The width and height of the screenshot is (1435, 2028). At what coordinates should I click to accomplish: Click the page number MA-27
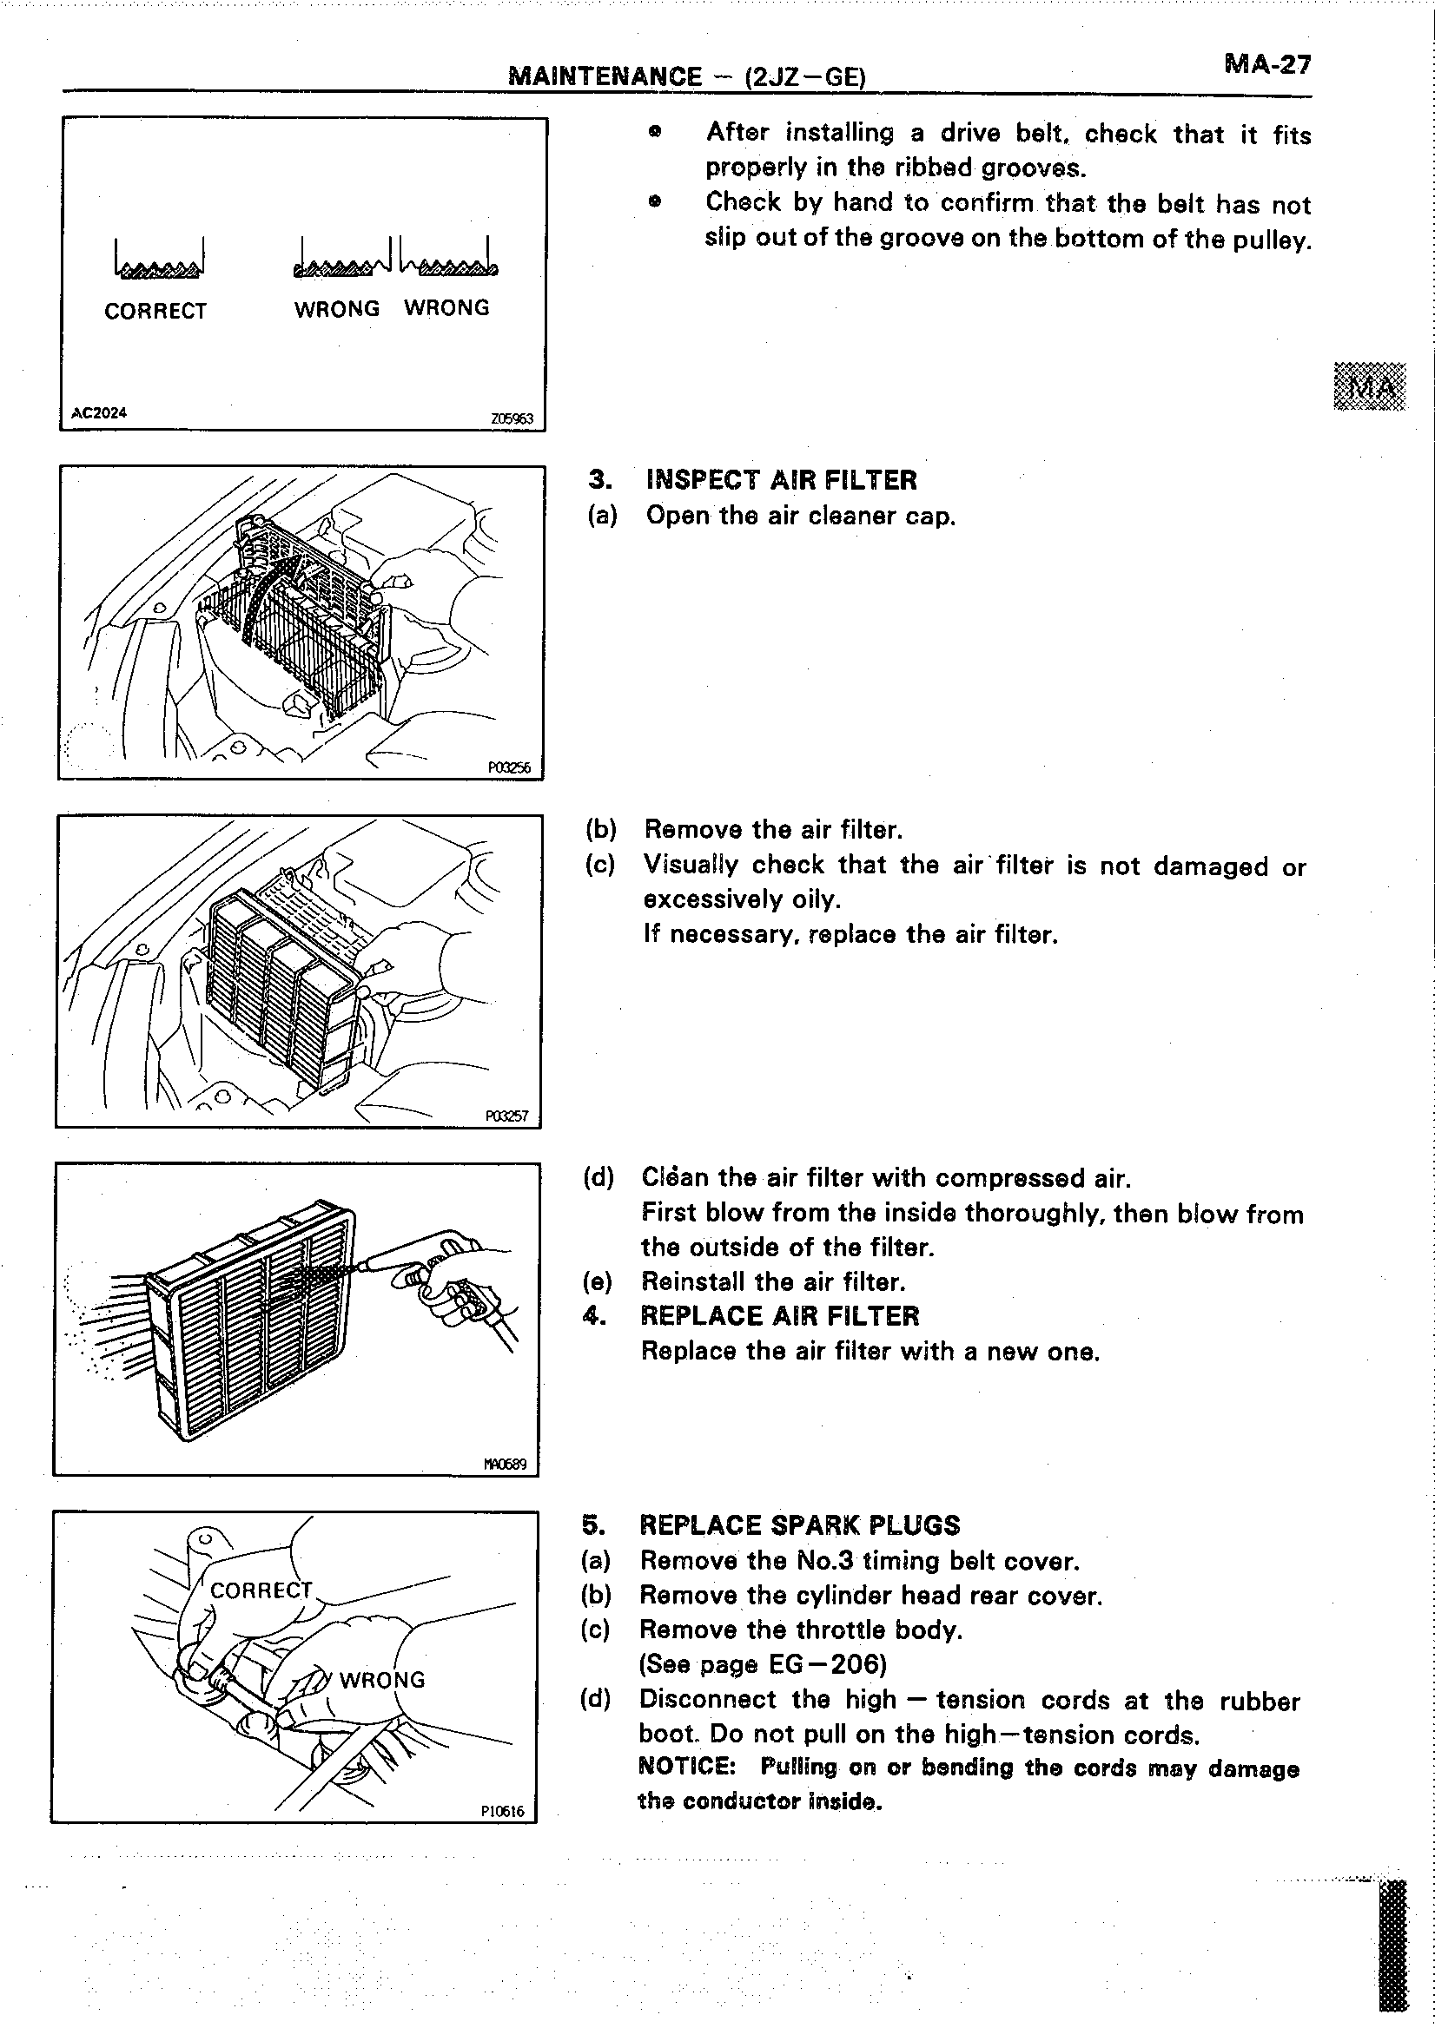tap(1267, 65)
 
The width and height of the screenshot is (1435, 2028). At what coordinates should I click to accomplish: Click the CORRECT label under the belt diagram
tap(155, 311)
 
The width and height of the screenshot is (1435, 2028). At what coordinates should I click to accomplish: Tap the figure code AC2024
tap(99, 412)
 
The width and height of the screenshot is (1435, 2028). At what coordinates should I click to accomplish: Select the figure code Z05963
tap(512, 418)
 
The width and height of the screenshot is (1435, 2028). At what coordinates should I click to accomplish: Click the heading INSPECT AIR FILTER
tap(781, 480)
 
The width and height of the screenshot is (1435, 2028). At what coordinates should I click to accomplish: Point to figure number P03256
tap(510, 767)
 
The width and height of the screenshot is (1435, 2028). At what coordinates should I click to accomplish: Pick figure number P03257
tap(507, 1116)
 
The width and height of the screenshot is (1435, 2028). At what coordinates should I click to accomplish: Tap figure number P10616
tap(503, 1812)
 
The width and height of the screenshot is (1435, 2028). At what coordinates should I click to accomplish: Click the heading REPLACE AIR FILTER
tap(779, 1316)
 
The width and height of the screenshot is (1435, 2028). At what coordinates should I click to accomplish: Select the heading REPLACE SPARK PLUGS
tap(799, 1525)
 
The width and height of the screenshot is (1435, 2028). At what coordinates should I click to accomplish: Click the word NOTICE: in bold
tap(686, 1768)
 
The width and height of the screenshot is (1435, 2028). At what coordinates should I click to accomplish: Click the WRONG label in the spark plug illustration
tap(381, 1680)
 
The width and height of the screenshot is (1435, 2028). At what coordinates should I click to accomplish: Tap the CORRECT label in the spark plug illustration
tap(261, 1590)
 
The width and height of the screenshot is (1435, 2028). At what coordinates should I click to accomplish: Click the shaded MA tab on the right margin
tap(1369, 386)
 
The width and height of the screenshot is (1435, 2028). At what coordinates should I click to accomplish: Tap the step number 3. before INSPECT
tap(599, 480)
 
